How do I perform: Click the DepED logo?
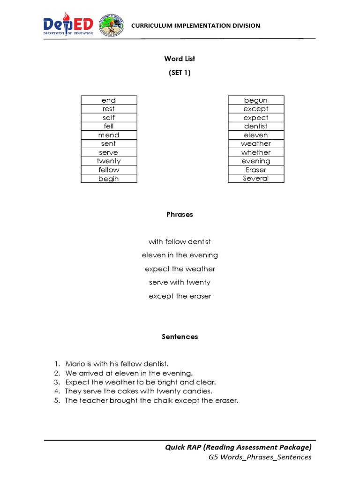[68, 25]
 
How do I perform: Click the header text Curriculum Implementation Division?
[195, 26]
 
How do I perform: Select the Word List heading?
[180, 59]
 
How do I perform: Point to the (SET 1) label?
[180, 73]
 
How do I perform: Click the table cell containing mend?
[109, 135]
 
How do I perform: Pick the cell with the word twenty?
[109, 161]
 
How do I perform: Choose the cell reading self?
[109, 118]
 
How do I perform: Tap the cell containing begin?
[109, 179]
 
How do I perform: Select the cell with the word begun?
[256, 100]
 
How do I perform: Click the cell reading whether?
[256, 152]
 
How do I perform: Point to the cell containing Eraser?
[256, 170]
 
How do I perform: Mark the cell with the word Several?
[256, 178]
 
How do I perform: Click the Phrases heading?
[180, 214]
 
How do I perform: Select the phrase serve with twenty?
[180, 282]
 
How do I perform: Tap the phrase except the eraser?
[180, 296]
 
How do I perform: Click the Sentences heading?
[180, 337]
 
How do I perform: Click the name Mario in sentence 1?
[75, 364]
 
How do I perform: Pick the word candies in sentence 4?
[198, 391]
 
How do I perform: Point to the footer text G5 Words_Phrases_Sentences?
[260, 457]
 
